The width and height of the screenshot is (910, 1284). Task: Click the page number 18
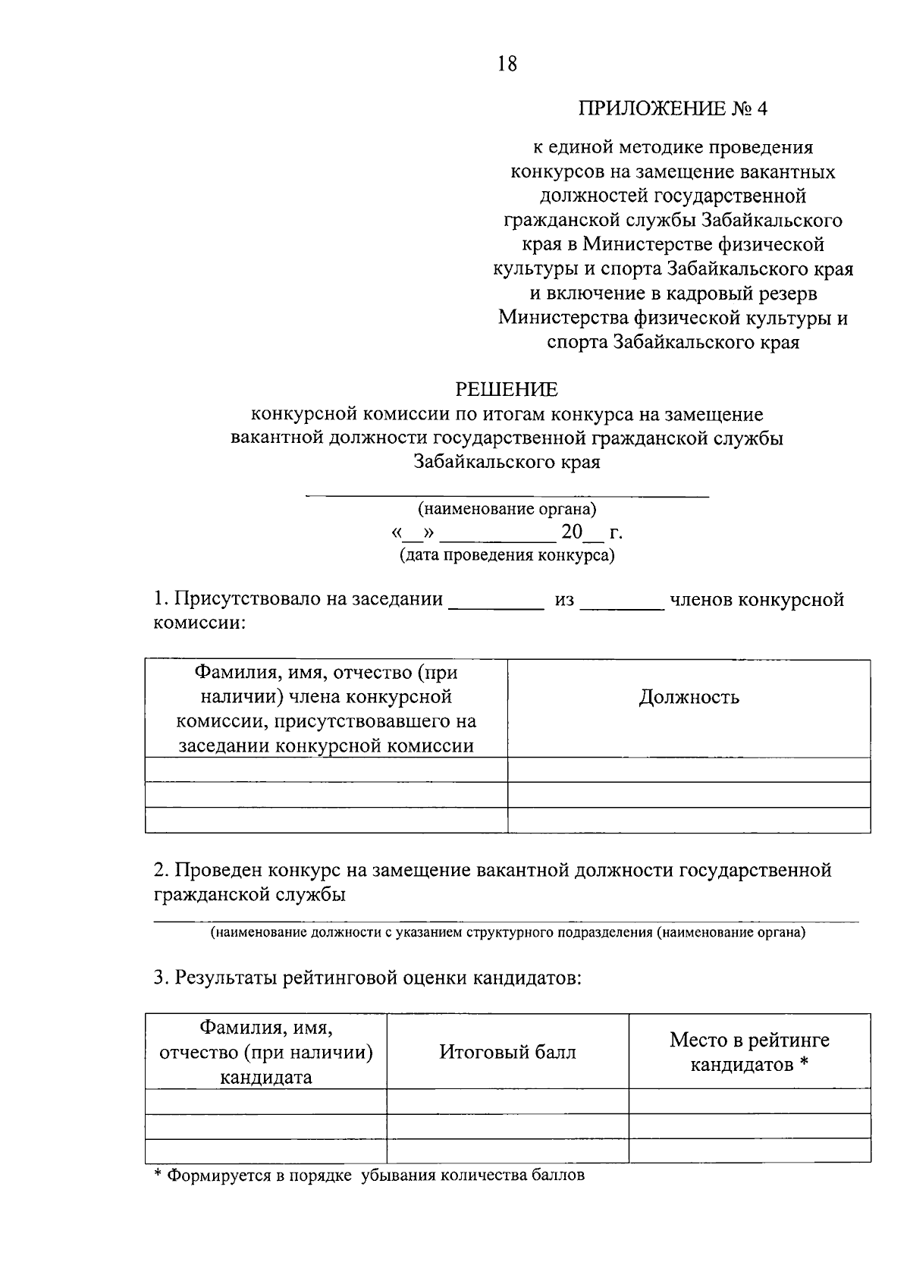click(x=507, y=64)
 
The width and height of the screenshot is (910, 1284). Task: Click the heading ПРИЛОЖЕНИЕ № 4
click(x=673, y=108)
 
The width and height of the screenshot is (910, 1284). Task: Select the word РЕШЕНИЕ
click(x=507, y=390)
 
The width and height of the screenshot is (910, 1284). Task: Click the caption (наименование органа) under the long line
click(x=507, y=509)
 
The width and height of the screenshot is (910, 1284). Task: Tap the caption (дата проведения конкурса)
click(x=507, y=556)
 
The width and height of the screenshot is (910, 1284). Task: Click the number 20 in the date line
click(x=572, y=532)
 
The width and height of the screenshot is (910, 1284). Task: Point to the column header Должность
click(x=689, y=697)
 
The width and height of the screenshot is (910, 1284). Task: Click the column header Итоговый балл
click(x=507, y=1052)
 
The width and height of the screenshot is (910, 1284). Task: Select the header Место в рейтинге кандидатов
click(x=749, y=1052)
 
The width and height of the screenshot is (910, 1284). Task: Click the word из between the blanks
click(x=565, y=600)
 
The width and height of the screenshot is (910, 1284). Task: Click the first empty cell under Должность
click(x=689, y=770)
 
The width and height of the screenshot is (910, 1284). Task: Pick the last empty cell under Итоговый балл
click(x=507, y=1151)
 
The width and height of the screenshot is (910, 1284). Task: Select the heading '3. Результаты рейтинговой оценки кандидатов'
click(x=367, y=978)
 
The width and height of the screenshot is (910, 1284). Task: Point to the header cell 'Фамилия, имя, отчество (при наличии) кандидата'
click(x=265, y=1052)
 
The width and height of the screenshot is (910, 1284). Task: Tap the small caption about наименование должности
click(x=507, y=932)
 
